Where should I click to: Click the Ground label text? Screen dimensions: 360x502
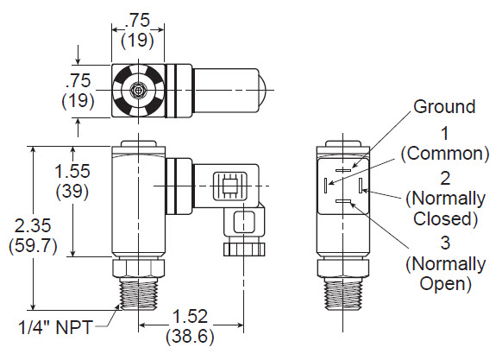444,107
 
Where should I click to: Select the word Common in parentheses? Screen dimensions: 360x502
444,154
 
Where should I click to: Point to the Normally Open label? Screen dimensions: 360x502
442,272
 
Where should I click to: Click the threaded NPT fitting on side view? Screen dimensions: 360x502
139,290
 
